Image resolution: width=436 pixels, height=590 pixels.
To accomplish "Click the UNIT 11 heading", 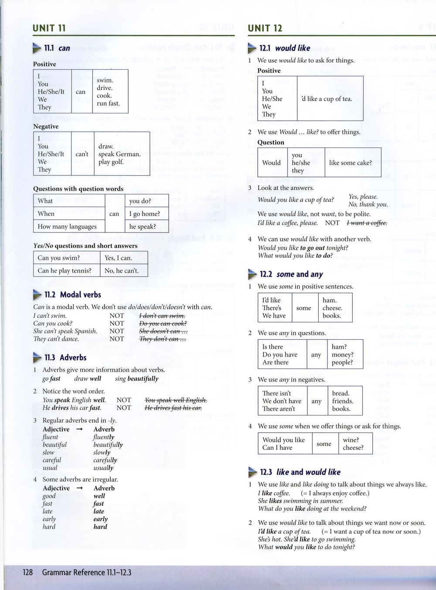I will tap(49, 28).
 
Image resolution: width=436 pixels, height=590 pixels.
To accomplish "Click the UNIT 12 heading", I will tap(265, 28).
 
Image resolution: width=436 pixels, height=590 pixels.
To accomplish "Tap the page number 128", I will tap(27, 572).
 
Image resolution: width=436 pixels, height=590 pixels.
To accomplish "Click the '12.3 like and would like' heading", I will tap(300, 472).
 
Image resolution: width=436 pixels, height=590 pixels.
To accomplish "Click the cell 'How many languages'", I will tap(67, 226).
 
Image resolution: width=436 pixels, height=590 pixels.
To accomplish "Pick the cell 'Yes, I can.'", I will tap(118, 258).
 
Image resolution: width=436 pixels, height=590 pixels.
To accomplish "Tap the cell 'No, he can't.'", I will tap(122, 270).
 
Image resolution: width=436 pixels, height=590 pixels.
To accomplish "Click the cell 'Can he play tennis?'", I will tap(65, 270).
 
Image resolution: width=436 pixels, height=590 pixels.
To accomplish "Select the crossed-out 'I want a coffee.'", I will tap(367, 223).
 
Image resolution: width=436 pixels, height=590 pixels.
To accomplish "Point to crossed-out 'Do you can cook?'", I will tap(163, 324).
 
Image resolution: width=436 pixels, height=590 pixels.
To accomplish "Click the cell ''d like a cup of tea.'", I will tap(327, 99).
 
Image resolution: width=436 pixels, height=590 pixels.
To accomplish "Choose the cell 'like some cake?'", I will tap(351, 163).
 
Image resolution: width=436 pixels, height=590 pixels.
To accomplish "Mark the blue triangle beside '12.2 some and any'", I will tap(252, 274).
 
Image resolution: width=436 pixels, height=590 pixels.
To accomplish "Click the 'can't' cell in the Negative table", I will tap(82, 154).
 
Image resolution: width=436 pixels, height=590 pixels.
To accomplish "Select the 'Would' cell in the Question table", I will tap(272, 163).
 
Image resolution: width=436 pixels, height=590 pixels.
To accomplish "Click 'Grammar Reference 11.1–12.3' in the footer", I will tap(86, 572).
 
